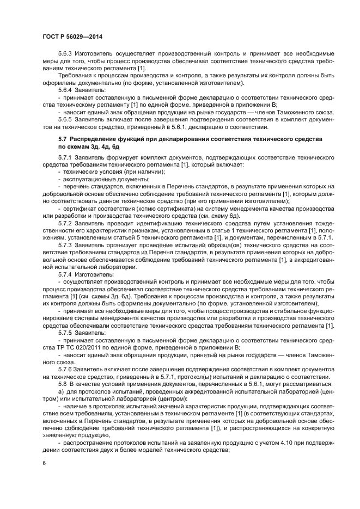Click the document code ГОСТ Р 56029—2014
pos(72,36)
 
